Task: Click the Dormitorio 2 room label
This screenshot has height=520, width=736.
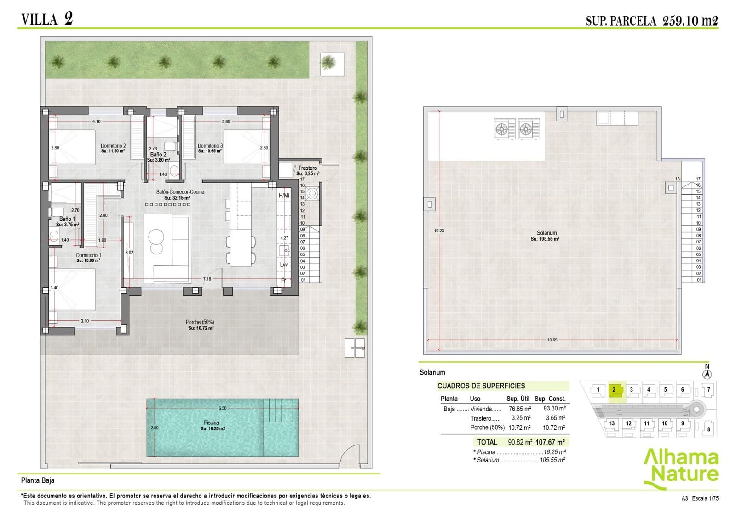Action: click(113, 146)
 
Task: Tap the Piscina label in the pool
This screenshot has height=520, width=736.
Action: click(212, 422)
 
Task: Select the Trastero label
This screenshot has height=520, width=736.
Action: click(307, 168)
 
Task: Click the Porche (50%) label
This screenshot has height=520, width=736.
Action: click(200, 322)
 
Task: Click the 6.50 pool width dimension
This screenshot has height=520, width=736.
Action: click(222, 408)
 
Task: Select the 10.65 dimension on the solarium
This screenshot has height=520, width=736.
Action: click(552, 340)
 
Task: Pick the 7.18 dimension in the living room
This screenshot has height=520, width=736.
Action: click(207, 279)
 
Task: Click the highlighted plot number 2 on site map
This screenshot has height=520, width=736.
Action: click(614, 390)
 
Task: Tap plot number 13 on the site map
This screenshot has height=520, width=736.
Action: click(612, 423)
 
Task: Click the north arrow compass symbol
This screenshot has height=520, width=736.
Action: click(707, 374)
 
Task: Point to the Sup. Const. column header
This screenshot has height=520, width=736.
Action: click(550, 399)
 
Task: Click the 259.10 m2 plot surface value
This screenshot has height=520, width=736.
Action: click(690, 21)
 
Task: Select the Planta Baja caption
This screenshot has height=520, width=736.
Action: click(38, 480)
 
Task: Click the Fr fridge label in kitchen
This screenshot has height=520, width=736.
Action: click(284, 280)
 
